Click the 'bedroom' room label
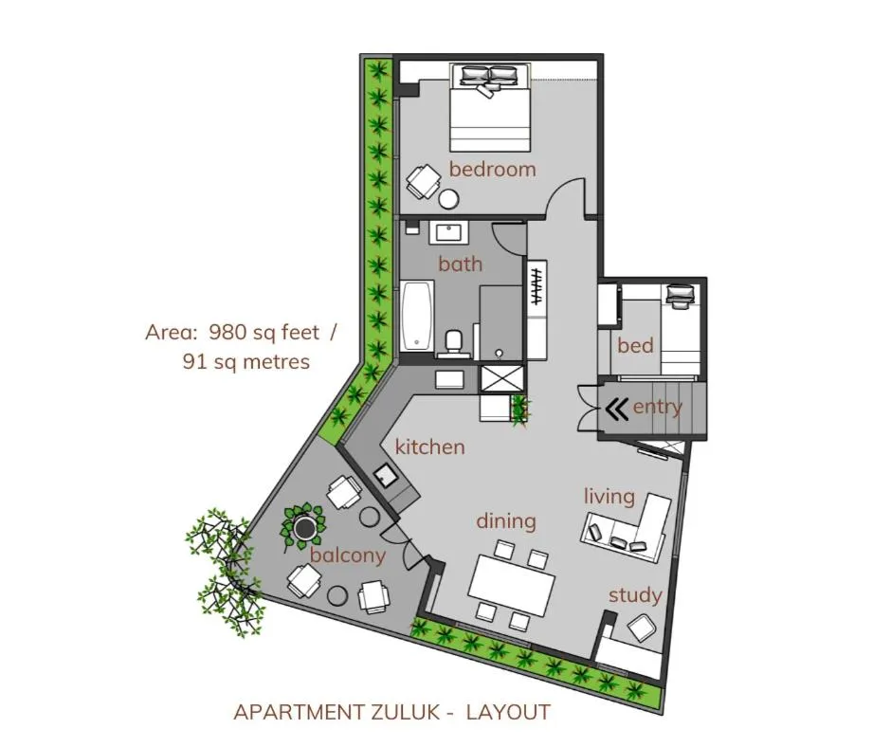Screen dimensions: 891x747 coord(493,169)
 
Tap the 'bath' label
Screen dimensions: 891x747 coord(461,264)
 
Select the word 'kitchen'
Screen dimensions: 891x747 coord(430,446)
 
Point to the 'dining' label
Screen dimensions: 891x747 coord(506,522)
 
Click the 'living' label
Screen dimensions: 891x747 coord(609,497)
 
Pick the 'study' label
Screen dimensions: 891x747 coord(635,595)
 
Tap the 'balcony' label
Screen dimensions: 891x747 coord(348,555)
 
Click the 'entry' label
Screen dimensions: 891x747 coord(658,407)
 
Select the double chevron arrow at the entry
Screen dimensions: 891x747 coord(616,409)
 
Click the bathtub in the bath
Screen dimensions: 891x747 coord(418,316)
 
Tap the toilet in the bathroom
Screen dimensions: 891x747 coord(453,343)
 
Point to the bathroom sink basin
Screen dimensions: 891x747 coord(452,233)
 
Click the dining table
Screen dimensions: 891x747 coord(513,584)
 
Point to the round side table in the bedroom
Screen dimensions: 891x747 coord(449,199)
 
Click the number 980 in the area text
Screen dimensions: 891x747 coord(227,332)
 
